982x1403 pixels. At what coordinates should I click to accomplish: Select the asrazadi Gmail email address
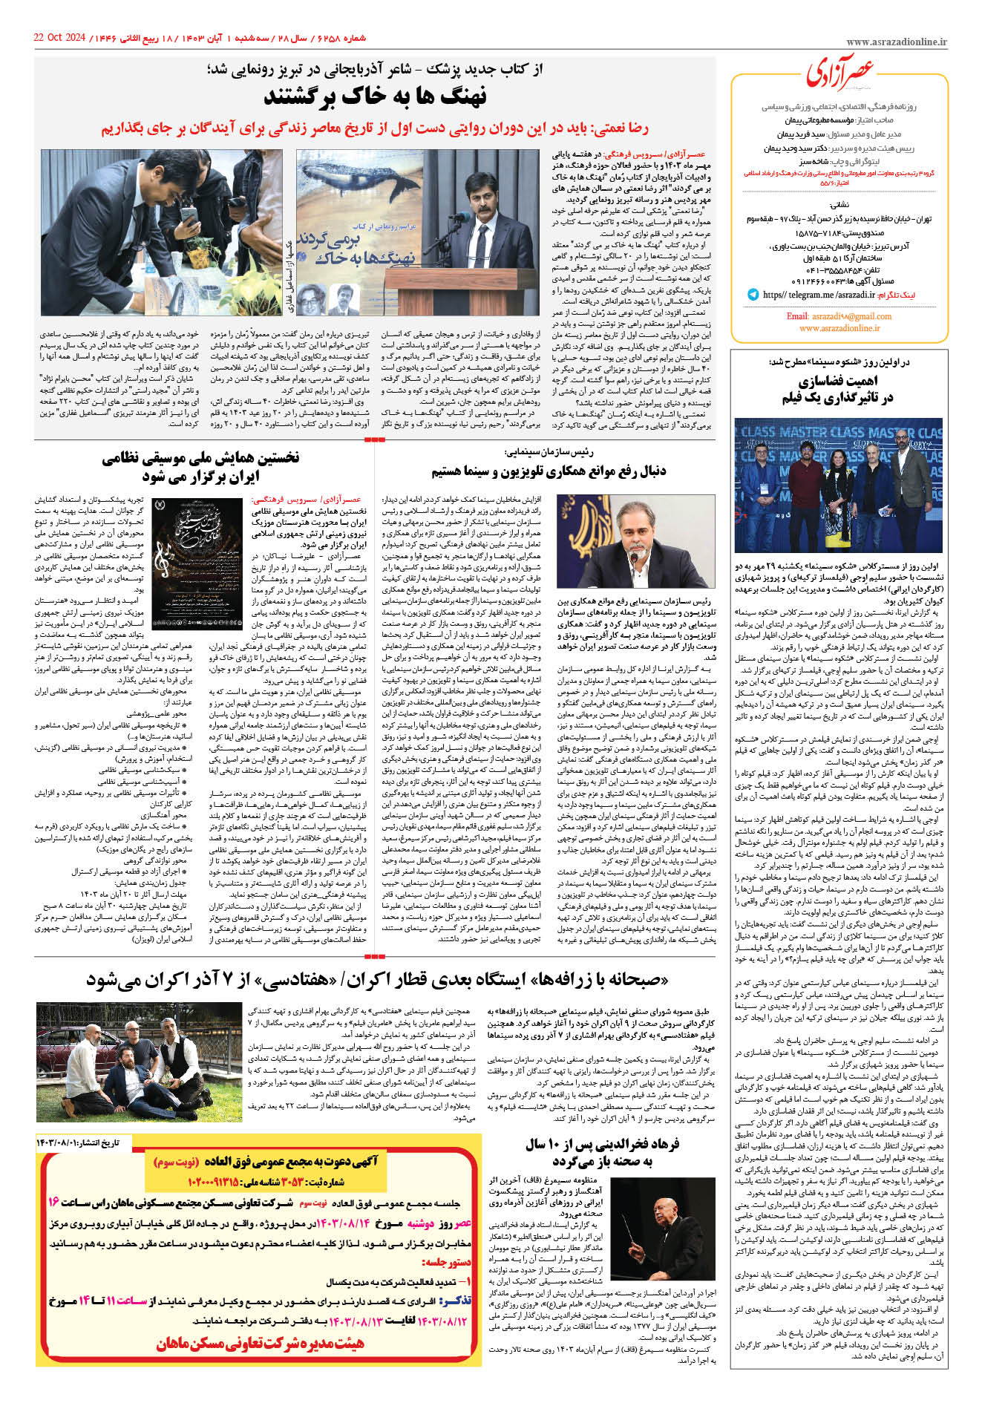coord(839,315)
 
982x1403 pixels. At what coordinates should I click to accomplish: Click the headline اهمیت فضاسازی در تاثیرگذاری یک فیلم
coord(837,390)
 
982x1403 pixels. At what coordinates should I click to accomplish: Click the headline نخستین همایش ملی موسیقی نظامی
coord(201,467)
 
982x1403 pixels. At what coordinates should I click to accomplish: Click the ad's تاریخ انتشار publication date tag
coord(77,1142)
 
